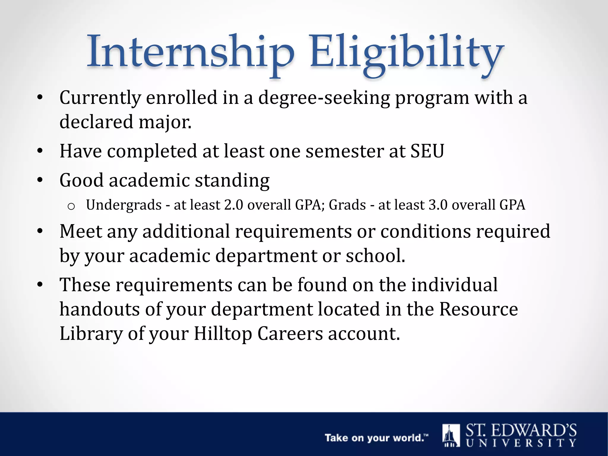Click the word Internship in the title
[x=190, y=52]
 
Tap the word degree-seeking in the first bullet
[x=324, y=98]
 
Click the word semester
[x=344, y=151]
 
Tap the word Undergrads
[x=124, y=205]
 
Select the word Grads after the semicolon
[x=347, y=205]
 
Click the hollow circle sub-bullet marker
[x=71, y=206]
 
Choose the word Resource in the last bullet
[x=478, y=309]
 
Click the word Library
[x=91, y=334]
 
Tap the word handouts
[x=99, y=309]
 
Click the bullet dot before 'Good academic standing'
[x=40, y=180]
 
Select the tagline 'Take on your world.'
[x=376, y=438]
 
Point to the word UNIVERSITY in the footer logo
[x=521, y=443]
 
